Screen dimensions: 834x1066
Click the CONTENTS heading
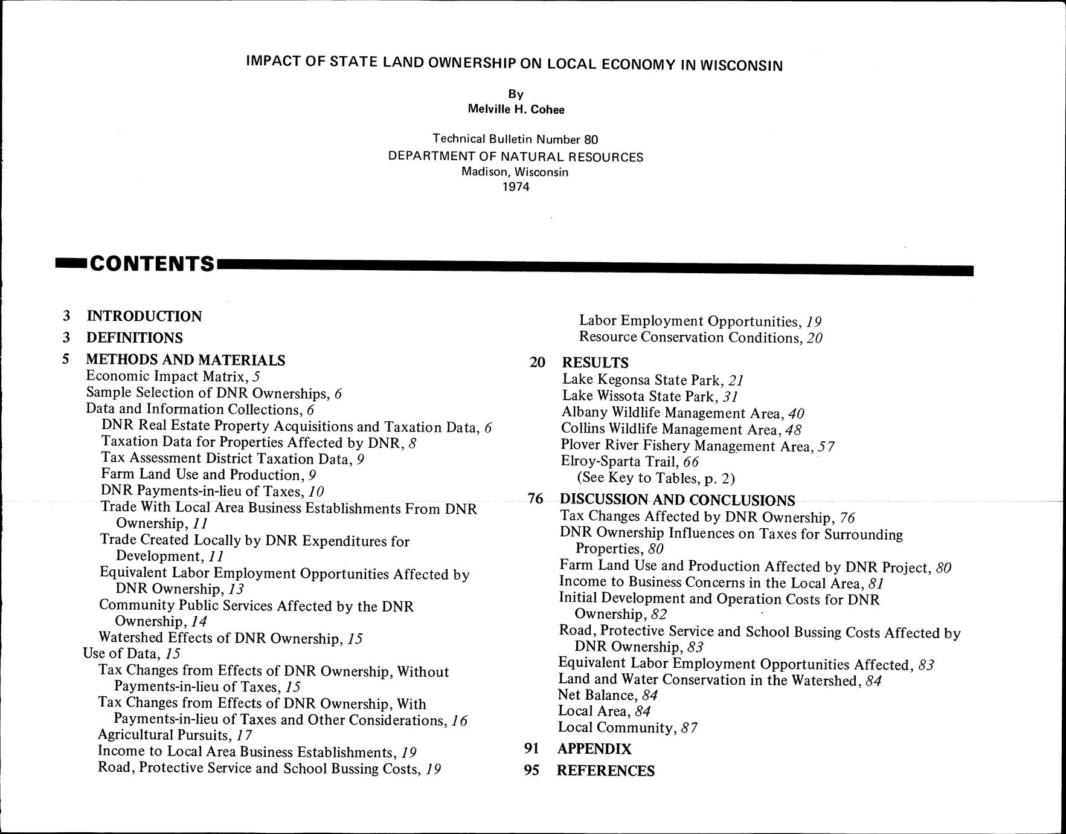pos(152,264)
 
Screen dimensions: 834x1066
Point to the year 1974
pos(516,187)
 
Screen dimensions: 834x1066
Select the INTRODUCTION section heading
pos(144,316)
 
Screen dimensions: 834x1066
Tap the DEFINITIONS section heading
pos(134,337)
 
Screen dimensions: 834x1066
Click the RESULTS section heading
pos(595,363)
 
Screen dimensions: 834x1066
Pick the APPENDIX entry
pos(594,749)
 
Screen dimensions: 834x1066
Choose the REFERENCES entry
pos(605,771)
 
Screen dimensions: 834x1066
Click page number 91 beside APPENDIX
pos(531,749)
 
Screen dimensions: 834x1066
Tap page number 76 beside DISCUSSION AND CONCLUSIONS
pos(536,499)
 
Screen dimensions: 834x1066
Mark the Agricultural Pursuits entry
pos(175,735)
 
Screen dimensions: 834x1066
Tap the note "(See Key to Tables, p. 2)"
pos(656,479)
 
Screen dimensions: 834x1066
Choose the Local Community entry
pos(628,728)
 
